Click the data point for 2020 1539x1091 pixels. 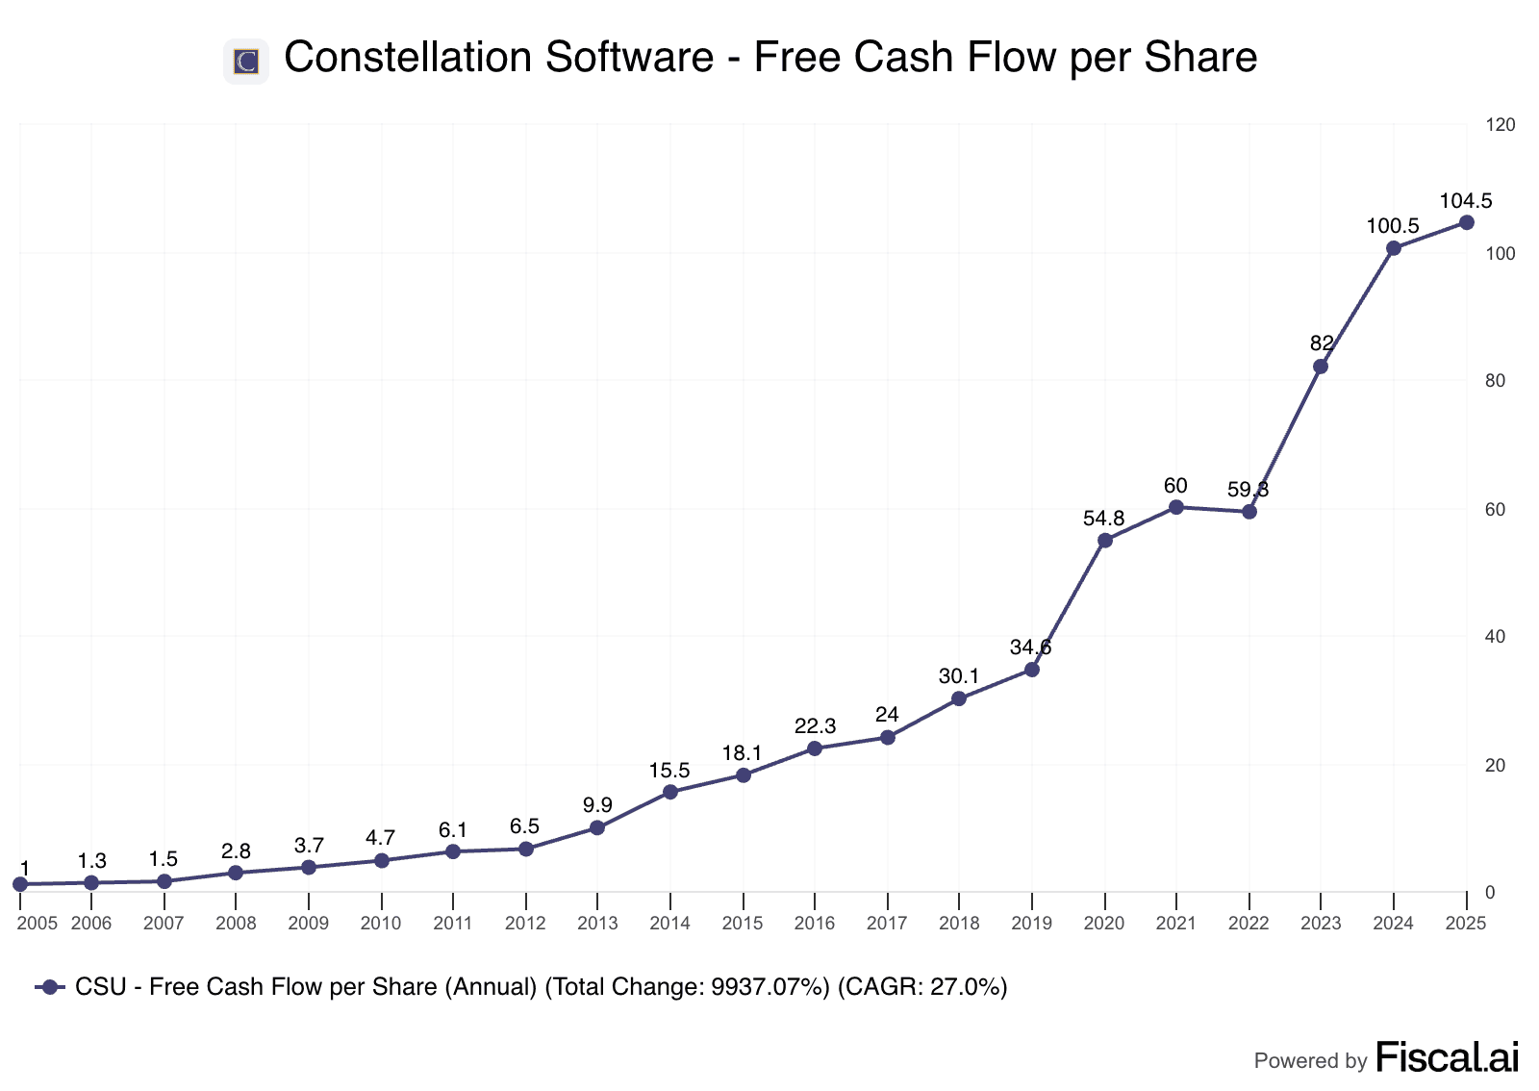coord(1104,541)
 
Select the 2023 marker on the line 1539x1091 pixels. coord(1321,367)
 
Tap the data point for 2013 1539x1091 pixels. coord(597,827)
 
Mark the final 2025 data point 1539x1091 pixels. coord(1466,222)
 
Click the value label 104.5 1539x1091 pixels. coord(1466,201)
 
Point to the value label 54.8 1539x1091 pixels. coord(1103,519)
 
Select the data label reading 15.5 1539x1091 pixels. coord(669,771)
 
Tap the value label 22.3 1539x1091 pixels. coord(815,726)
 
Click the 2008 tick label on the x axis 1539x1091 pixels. coord(236,924)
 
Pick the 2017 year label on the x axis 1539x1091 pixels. coord(887,924)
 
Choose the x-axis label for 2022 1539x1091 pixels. coord(1249,924)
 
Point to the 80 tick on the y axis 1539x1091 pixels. coord(1495,381)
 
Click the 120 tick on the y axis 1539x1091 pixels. coord(1500,125)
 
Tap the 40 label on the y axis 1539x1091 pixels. coord(1495,637)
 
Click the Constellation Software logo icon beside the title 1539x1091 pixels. coord(245,62)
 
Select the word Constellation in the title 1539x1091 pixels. coord(403,58)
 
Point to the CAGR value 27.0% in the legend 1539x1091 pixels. coord(968,987)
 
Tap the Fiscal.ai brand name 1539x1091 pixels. coord(1448,1057)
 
